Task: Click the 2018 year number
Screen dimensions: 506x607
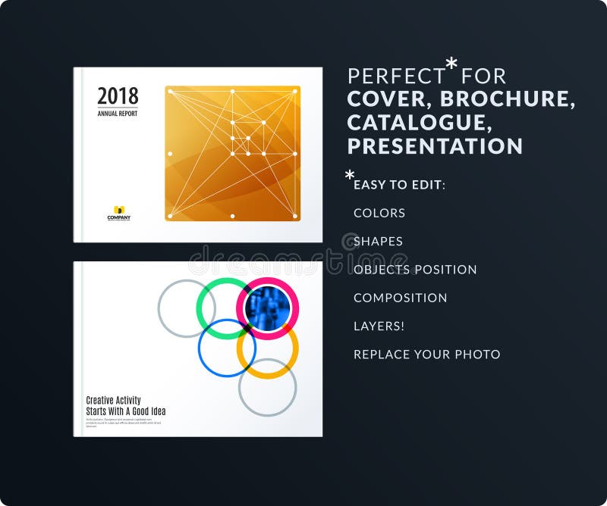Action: [x=118, y=96]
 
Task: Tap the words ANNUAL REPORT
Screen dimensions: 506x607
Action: [x=118, y=114]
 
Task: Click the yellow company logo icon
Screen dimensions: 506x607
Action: [x=118, y=210]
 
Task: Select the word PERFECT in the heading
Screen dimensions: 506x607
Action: [x=396, y=76]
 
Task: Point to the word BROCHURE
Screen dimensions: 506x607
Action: [x=507, y=98]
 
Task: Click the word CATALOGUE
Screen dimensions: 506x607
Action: [x=414, y=122]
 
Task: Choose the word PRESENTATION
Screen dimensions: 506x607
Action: [x=435, y=145]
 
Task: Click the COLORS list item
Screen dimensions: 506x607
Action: [x=379, y=213]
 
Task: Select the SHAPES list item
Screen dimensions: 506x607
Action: [x=378, y=242]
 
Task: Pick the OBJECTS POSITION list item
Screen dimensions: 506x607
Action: [x=415, y=270]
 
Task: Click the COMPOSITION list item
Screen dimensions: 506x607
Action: [x=400, y=298]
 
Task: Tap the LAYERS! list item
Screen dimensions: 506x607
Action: [x=379, y=326]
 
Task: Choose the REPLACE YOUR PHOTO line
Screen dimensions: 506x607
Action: [x=426, y=355]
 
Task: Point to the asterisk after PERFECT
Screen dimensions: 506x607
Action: [x=451, y=65]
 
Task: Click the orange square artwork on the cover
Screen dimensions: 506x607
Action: [x=232, y=153]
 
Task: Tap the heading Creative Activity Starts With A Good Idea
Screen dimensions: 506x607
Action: [x=125, y=406]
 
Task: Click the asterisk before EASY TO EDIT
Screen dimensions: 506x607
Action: [x=350, y=176]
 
